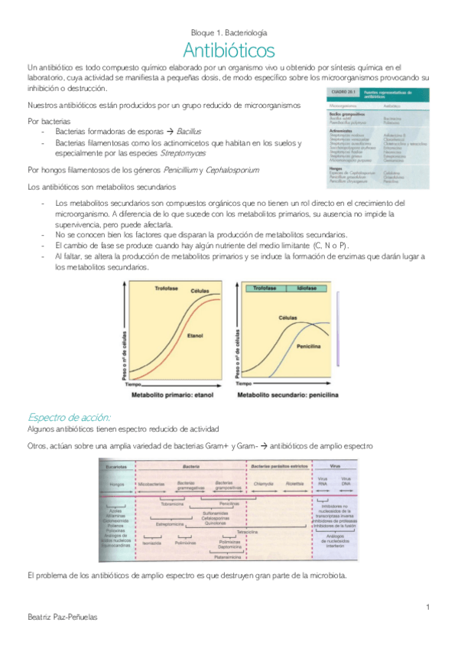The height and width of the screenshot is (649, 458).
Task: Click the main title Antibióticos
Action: [x=229, y=52]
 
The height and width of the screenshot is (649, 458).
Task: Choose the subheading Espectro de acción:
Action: [x=69, y=417]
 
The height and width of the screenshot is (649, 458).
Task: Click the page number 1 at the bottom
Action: [x=429, y=607]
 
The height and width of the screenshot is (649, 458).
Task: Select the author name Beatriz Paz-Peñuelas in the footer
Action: [x=62, y=617]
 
